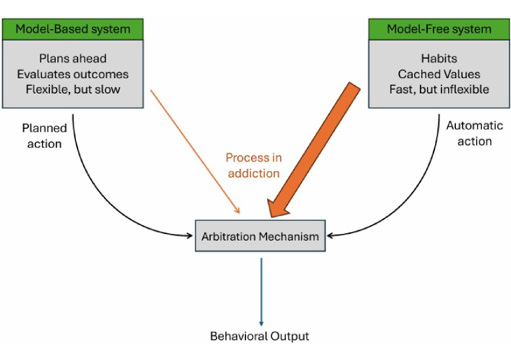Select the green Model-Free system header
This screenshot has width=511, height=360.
pos(439,29)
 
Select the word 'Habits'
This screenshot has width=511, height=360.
pos(439,58)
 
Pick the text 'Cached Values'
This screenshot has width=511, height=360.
pos(439,73)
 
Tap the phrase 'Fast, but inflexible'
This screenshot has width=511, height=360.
pos(439,89)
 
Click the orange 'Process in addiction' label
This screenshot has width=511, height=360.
pos(253,165)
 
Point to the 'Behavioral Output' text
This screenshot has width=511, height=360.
pos(259,336)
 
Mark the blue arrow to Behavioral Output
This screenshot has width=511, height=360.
pos(261,290)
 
